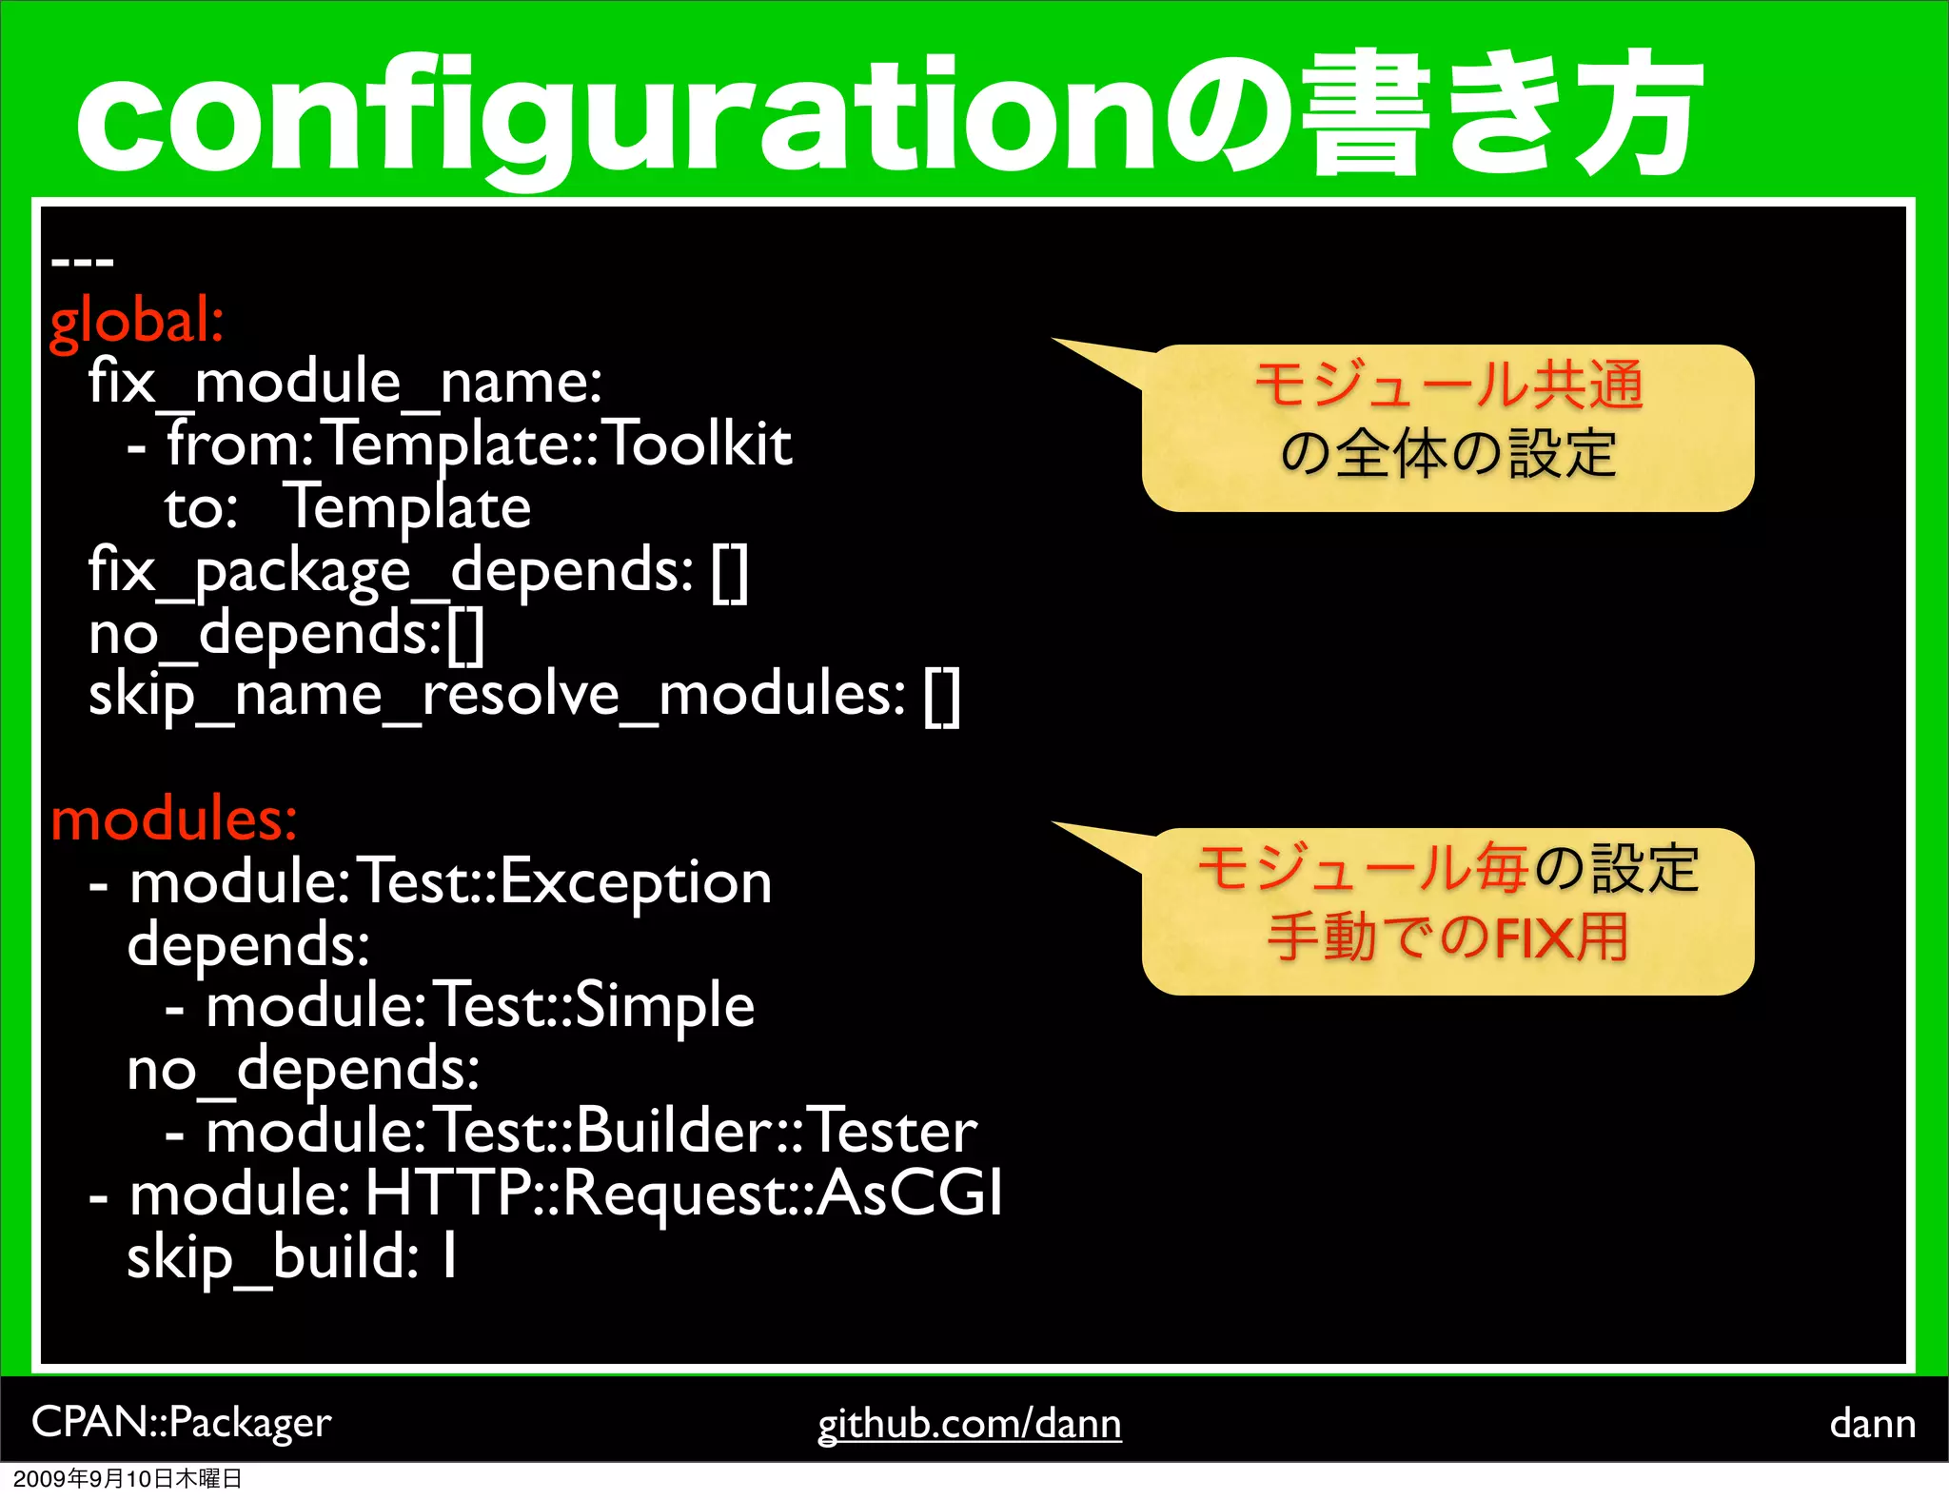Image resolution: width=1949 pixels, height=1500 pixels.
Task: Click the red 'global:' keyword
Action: point(136,322)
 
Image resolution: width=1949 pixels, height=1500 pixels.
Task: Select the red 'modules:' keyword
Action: point(174,819)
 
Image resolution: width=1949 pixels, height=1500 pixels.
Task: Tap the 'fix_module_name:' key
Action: point(345,383)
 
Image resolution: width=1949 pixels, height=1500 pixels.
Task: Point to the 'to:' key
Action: point(200,508)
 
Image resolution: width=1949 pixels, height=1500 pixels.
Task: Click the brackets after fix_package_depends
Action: point(730,572)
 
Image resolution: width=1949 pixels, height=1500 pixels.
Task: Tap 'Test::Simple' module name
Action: point(596,1007)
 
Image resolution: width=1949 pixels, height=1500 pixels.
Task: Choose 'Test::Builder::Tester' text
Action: point(706,1132)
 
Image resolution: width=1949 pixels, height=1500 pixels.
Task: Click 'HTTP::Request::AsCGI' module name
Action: point(684,1194)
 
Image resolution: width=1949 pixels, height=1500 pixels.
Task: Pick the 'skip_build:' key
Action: point(272,1257)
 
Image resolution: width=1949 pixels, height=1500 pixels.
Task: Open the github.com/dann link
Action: point(969,1424)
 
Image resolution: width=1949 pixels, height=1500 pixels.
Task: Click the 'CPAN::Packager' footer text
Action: point(181,1422)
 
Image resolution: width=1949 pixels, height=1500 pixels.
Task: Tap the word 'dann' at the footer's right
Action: point(1872,1424)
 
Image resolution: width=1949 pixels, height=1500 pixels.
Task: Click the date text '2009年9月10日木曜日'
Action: point(128,1479)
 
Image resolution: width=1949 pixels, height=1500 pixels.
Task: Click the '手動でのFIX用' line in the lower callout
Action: point(1447,937)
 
